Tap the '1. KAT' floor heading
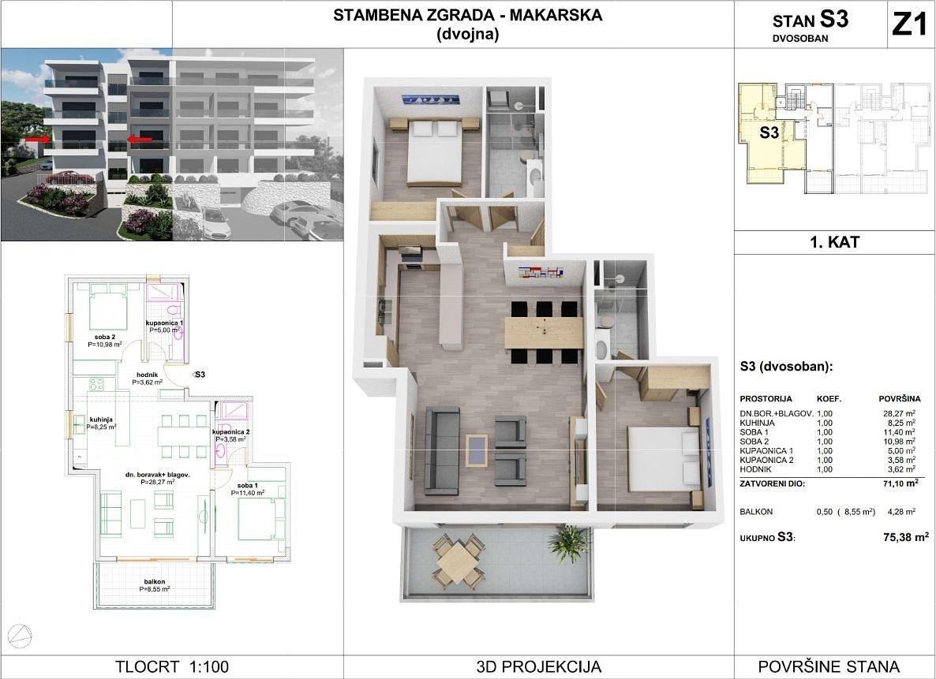[834, 242]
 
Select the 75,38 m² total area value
[905, 537]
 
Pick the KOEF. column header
[829, 398]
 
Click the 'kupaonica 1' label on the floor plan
[164, 323]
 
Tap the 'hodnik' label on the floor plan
[147, 375]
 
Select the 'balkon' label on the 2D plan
[155, 582]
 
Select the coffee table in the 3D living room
[477, 450]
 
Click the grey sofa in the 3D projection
[442, 450]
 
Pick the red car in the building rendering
[69, 177]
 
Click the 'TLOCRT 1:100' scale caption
[172, 666]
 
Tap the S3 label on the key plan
[769, 132]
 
